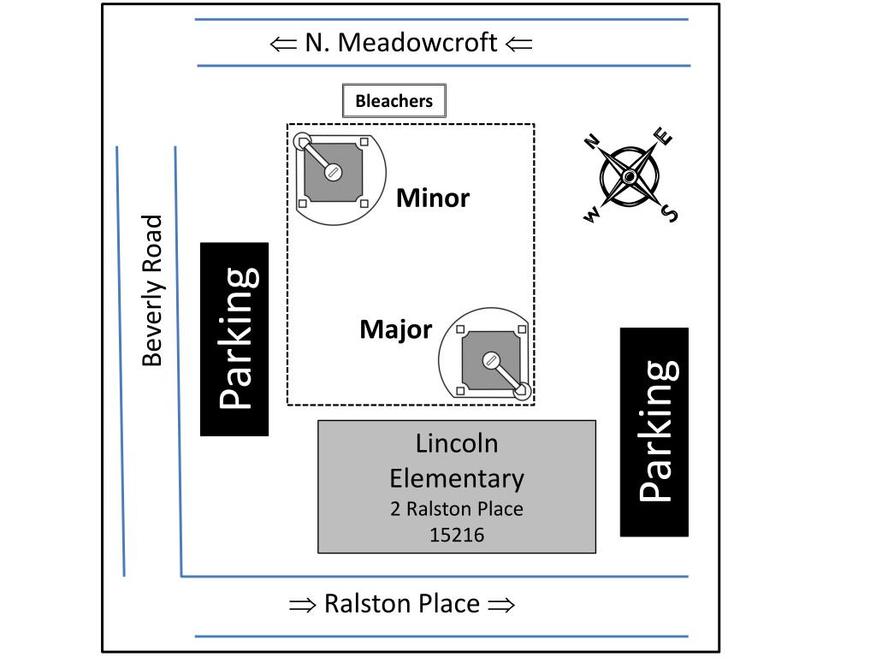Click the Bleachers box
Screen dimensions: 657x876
(x=394, y=101)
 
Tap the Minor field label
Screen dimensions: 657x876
(x=433, y=198)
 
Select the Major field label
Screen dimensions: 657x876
(x=396, y=329)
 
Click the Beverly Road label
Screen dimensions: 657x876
(x=152, y=291)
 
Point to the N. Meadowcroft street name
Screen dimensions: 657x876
(x=401, y=43)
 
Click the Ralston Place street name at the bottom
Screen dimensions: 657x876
(x=402, y=604)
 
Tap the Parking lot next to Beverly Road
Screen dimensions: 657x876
(x=234, y=339)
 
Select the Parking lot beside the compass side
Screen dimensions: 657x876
(x=654, y=432)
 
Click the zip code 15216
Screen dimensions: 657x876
(x=457, y=536)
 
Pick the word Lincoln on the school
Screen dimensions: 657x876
(x=457, y=443)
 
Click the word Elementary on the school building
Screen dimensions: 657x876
(x=457, y=477)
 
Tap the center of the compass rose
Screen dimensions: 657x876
(x=630, y=176)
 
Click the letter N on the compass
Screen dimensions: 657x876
(x=591, y=141)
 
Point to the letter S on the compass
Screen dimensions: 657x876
(x=670, y=213)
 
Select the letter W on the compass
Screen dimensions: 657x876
(x=591, y=216)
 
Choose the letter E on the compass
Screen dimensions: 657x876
(x=664, y=136)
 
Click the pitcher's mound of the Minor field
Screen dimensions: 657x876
(x=333, y=172)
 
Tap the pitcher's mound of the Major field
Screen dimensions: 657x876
(x=491, y=361)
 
